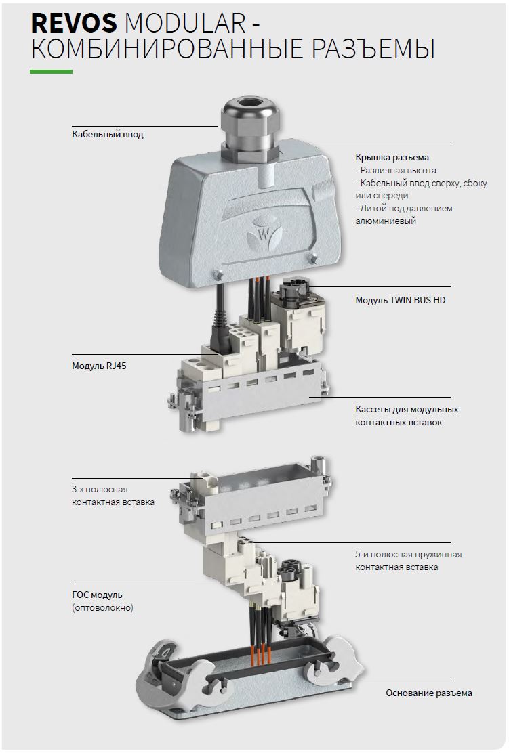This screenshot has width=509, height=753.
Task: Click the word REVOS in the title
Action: (74, 22)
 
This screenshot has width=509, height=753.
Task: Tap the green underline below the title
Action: (51, 72)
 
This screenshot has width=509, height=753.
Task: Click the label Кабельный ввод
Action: (108, 135)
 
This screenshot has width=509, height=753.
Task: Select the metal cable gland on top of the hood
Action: (249, 128)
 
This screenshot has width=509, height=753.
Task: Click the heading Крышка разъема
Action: (392, 158)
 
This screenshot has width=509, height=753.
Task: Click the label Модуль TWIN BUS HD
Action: (401, 300)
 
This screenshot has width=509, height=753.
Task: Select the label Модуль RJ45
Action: (99, 366)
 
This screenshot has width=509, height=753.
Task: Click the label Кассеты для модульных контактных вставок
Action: (407, 416)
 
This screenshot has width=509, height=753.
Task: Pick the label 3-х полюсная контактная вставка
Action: (113, 496)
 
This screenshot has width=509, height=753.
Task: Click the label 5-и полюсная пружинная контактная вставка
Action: (409, 561)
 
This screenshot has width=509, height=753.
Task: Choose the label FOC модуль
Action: (97, 595)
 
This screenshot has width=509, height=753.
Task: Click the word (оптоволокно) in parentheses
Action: (102, 608)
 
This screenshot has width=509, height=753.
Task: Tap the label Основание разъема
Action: (429, 693)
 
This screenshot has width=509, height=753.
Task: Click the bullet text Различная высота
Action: (396, 171)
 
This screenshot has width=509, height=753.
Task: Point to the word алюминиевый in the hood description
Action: (386, 221)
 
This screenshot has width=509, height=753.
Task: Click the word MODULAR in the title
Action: (184, 22)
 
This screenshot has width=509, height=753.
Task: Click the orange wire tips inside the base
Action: (261, 655)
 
